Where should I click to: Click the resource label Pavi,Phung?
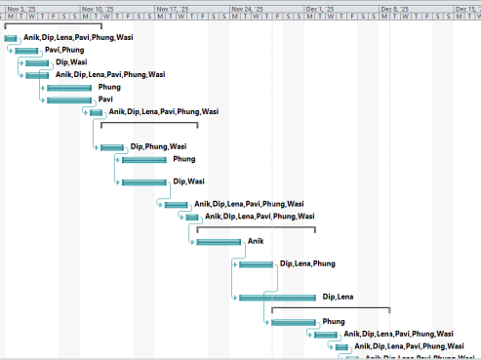(x=64, y=50)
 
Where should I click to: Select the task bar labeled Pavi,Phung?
(x=27, y=50)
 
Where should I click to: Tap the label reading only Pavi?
(x=106, y=100)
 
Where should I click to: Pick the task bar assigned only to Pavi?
(x=69, y=100)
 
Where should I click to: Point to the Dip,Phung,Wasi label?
(x=158, y=147)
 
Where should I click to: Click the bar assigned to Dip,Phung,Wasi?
(x=112, y=147)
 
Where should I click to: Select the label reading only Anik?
(x=256, y=240)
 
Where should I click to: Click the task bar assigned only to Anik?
(x=220, y=241)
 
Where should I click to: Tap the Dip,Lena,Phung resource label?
(x=307, y=263)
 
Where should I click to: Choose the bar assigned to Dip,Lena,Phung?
(x=257, y=264)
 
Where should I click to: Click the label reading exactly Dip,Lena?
(x=338, y=297)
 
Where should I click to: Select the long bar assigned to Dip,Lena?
(x=278, y=298)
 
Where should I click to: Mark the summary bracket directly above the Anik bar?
(x=256, y=228)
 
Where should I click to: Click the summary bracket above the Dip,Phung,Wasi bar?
(x=148, y=123)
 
